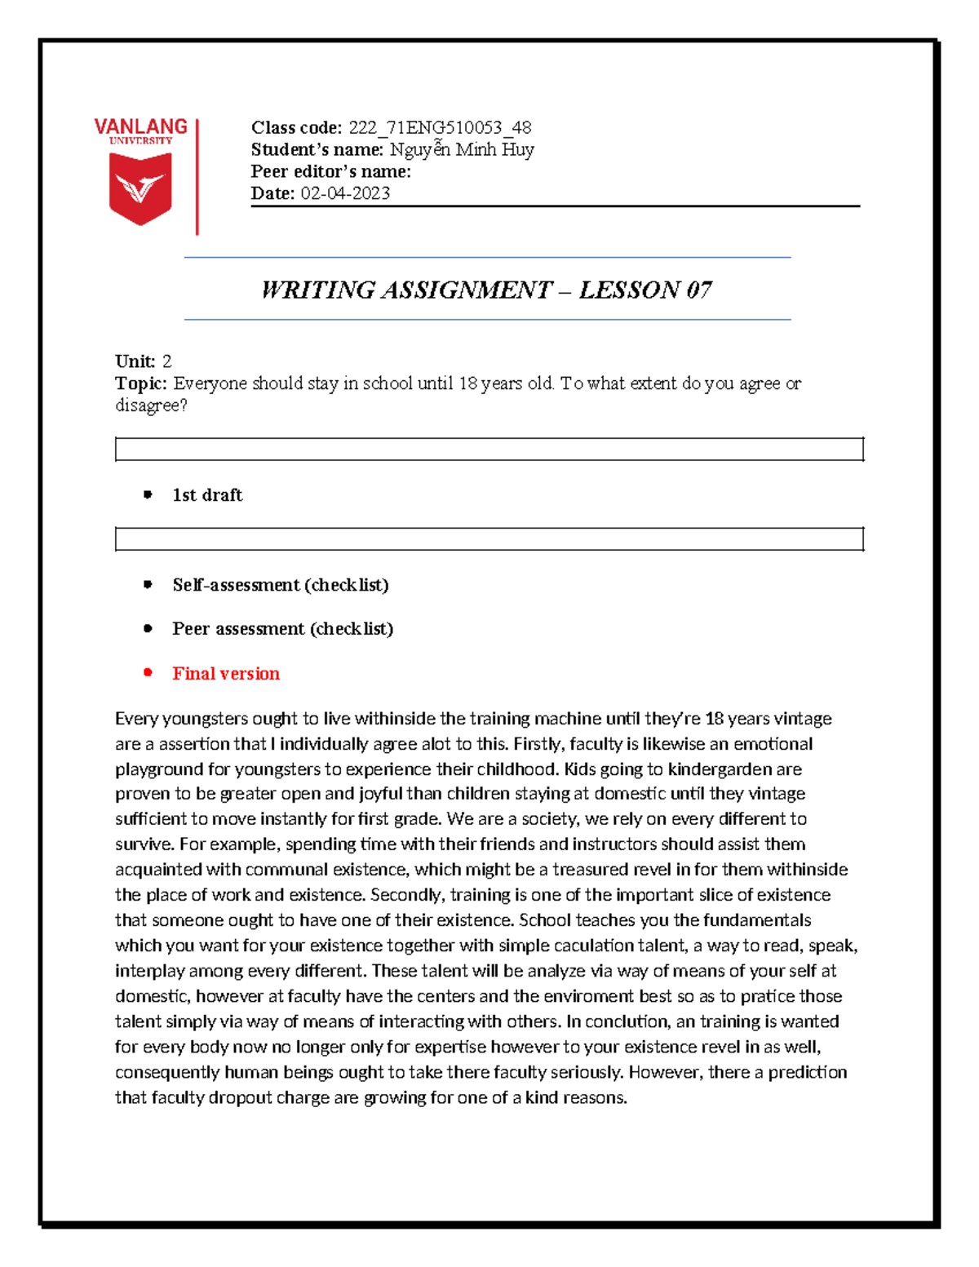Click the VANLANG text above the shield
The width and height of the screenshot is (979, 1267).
pos(140,126)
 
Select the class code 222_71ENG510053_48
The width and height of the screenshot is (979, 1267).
pos(440,127)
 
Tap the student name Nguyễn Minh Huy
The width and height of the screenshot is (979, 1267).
pos(462,149)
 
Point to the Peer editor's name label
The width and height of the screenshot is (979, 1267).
pos(330,171)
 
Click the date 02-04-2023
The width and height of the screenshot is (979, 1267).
pos(345,193)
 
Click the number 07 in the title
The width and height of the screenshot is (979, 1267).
pos(698,290)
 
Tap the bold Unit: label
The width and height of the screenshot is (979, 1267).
pos(135,361)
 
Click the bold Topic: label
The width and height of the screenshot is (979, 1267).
pos(141,383)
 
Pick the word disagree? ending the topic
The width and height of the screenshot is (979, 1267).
pos(151,405)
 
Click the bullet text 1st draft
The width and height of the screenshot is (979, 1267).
pos(207,495)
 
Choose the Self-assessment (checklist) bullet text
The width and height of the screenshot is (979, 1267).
pos(280,585)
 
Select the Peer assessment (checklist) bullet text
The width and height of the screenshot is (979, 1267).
pos(282,629)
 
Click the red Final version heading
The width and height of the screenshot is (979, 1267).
pos(226,674)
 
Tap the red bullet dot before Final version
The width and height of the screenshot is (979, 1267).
pos(148,673)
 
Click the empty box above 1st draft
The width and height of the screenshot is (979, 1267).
pos(489,450)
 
